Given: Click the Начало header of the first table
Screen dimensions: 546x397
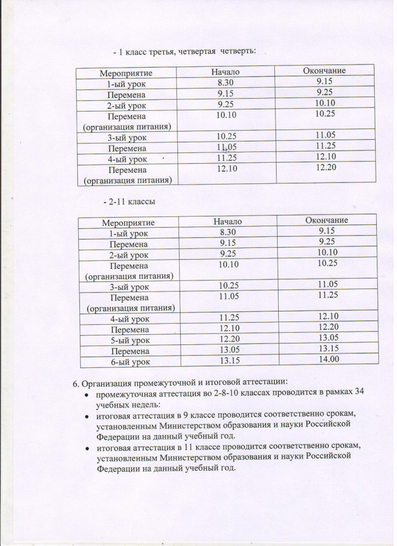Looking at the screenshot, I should point(225,71).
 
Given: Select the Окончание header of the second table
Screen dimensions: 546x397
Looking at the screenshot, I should point(327,220).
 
